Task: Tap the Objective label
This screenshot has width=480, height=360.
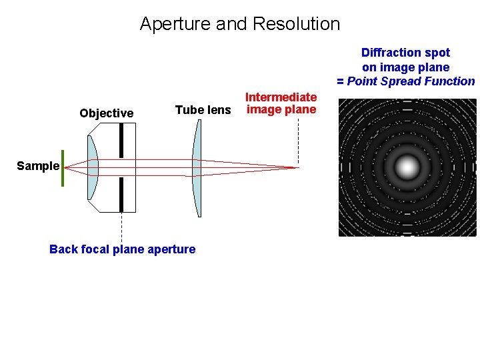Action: (106, 113)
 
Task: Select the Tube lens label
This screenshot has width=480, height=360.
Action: (203, 110)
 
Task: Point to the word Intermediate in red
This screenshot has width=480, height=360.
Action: (281, 97)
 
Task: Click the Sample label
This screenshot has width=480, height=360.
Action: (37, 166)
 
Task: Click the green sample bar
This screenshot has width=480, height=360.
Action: (63, 168)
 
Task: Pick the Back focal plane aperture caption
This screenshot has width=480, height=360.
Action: (122, 249)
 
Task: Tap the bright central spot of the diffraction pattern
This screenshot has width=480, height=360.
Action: (407, 167)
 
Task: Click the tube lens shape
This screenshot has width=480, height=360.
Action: (197, 168)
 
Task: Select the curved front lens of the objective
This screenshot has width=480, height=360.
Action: (92, 168)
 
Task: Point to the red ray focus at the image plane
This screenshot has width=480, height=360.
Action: (297, 167)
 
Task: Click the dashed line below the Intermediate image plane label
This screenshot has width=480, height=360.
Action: (298, 140)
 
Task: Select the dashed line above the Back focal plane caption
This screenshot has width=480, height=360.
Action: (121, 227)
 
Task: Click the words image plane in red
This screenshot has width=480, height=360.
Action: (281, 109)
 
